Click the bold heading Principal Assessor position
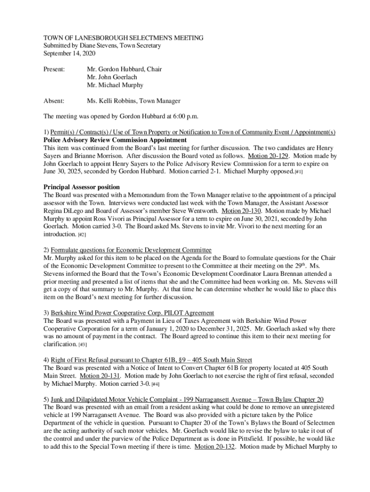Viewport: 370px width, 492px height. (81, 187)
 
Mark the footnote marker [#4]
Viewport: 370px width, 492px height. (155, 384)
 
